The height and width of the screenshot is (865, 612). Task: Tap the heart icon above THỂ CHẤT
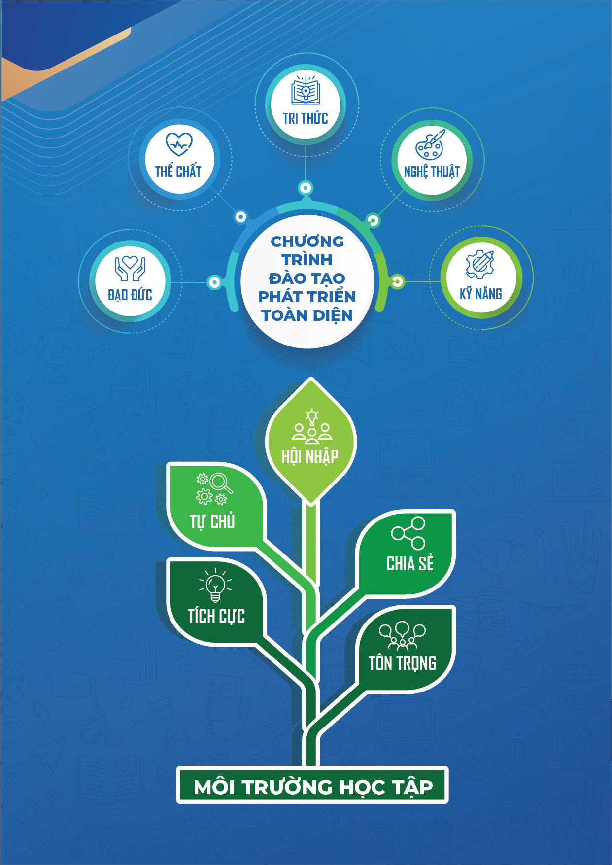(178, 144)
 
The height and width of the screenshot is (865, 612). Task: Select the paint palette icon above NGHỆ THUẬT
(430, 145)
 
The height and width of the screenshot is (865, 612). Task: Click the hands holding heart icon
(130, 268)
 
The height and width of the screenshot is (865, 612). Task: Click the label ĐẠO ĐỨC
(130, 295)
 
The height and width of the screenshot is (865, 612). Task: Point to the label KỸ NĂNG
(481, 294)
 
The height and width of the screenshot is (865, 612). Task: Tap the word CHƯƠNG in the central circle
(307, 242)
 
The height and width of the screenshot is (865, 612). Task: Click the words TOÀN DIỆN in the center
(307, 315)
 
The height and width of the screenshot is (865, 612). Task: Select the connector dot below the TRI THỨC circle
(306, 188)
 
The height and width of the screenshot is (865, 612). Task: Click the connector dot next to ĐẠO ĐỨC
(214, 282)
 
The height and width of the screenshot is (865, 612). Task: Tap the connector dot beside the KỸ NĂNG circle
(397, 281)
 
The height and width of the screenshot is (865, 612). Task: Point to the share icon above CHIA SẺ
(408, 533)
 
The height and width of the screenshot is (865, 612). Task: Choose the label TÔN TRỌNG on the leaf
(402, 663)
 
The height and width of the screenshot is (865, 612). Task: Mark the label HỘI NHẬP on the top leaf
(310, 457)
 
